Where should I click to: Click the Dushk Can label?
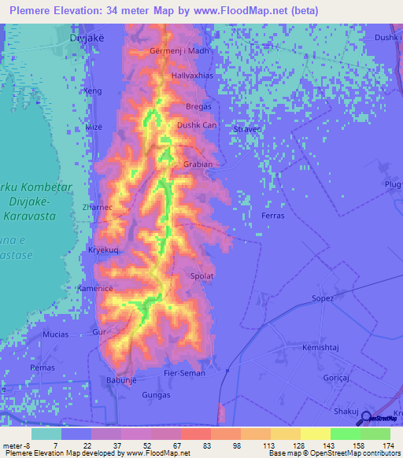[196, 125]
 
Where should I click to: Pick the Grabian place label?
[198, 164]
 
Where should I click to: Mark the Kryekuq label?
[103, 249]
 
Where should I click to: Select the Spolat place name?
[202, 276]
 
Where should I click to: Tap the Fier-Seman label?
[183, 372]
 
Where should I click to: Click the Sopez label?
[323, 298]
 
